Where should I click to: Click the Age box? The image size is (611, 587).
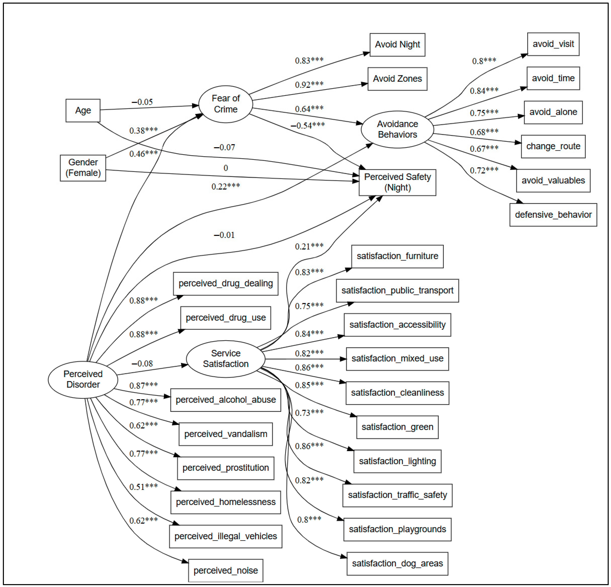[83, 110]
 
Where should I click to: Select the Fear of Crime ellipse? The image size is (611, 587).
[226, 104]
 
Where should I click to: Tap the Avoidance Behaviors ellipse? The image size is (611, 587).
[397, 129]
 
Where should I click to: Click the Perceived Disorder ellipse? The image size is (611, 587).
[83, 380]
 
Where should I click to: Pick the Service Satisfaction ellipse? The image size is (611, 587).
[226, 359]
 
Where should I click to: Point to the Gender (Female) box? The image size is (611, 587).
[83, 168]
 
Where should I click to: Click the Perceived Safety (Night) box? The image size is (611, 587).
[397, 183]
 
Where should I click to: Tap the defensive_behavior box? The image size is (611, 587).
[553, 215]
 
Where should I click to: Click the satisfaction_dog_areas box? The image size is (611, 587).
[397, 564]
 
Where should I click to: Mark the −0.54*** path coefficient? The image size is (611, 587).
[308, 125]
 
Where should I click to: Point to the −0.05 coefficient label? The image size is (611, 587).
[142, 102]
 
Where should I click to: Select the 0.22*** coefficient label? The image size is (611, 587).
[226, 186]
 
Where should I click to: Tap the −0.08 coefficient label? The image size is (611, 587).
[142, 364]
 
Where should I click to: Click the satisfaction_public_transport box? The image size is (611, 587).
[397, 291]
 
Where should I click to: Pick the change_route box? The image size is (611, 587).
[553, 146]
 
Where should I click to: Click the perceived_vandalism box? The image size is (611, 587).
[226, 434]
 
